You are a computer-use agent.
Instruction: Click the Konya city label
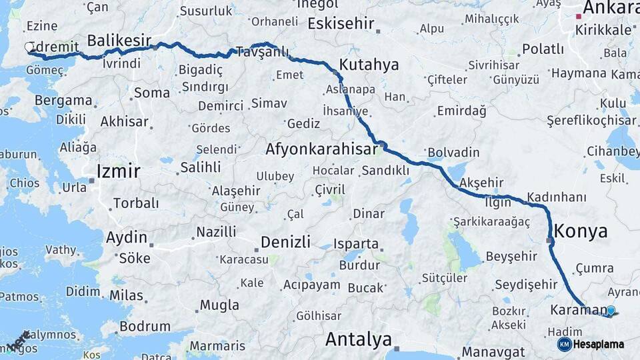tap(581, 231)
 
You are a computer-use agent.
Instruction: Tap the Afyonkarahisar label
tap(322, 149)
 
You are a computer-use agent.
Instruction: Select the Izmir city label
tap(118, 171)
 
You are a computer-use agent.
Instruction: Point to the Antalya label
tap(358, 340)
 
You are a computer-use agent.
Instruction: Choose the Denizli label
tap(285, 241)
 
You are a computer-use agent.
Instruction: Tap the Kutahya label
tap(369, 65)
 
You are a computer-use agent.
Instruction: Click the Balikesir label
tap(119, 39)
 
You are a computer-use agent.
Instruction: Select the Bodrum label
tap(145, 327)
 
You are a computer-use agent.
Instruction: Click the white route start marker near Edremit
tap(29, 47)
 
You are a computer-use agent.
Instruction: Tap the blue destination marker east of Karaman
tap(610, 310)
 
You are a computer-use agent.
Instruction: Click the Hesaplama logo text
tap(598, 345)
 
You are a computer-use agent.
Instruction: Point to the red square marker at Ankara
tap(578, 17)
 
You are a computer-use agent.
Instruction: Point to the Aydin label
tap(127, 237)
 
